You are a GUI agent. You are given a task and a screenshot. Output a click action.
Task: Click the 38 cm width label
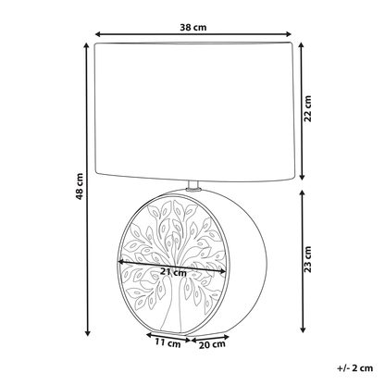[193, 28]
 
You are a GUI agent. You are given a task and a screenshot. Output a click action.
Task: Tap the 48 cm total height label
[80, 186]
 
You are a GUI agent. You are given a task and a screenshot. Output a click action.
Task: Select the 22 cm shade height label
[308, 108]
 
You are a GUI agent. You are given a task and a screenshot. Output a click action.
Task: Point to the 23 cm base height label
[308, 259]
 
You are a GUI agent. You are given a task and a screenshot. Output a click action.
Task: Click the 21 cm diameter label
[173, 272]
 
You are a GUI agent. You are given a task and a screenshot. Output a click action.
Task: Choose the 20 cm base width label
[212, 344]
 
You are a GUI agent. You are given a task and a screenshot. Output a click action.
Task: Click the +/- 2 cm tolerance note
[355, 368]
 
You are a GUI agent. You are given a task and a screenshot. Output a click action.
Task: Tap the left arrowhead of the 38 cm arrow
[98, 33]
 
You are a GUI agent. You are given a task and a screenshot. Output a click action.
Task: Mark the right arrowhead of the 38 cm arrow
[289, 33]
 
